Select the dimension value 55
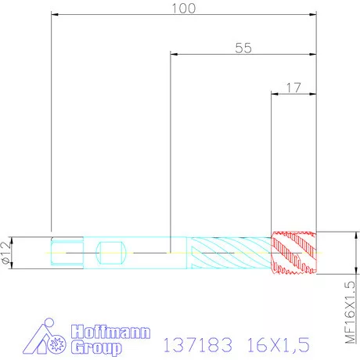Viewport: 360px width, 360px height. pyautogui.click(x=243, y=47)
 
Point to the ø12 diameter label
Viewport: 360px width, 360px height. pyautogui.click(x=6, y=252)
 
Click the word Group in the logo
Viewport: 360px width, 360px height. pyautogui.click(x=96, y=347)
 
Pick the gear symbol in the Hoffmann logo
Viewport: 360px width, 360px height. pyautogui.click(x=56, y=344)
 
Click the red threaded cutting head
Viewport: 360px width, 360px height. pyautogui.click(x=294, y=253)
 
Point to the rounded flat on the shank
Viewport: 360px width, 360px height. pyautogui.click(x=110, y=253)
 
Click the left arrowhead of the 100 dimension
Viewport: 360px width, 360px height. pyautogui.click(x=55, y=13)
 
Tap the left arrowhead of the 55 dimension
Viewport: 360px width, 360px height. pyautogui.click(x=175, y=53)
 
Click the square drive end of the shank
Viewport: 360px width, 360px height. pyautogui.click(x=66, y=253)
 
